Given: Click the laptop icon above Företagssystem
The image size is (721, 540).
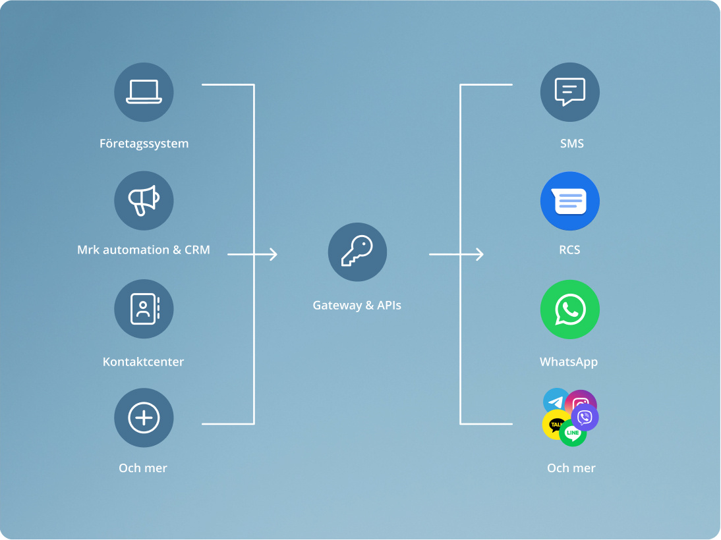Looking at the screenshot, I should click(144, 92).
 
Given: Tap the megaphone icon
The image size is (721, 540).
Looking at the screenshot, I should click(144, 200).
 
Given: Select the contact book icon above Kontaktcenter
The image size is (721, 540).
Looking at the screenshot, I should click(144, 309).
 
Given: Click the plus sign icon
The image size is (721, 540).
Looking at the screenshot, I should click(144, 418).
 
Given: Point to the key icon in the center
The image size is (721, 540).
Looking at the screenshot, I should click(357, 252).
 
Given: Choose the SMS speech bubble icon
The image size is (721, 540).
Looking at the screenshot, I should click(569, 92).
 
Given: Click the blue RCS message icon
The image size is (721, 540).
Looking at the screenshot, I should click(569, 201).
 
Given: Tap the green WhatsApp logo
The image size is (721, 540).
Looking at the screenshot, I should click(569, 310).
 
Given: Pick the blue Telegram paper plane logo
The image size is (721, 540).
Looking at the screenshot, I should click(556, 400).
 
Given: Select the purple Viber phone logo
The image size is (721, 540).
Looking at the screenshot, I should click(585, 418).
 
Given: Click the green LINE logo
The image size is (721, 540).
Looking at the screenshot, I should click(573, 433).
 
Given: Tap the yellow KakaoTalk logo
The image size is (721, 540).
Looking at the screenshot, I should click(556, 425).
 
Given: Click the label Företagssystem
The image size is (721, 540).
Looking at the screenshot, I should click(144, 144).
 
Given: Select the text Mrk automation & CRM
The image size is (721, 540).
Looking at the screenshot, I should click(144, 250).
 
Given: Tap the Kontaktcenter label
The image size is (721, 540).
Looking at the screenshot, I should click(144, 362).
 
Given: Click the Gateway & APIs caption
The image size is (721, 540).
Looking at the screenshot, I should click(357, 306).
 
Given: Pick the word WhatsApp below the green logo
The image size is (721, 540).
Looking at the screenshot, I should click(569, 362).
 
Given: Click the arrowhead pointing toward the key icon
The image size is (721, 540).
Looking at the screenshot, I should click(274, 254).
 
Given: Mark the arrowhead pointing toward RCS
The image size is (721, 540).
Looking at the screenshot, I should click(480, 254).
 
